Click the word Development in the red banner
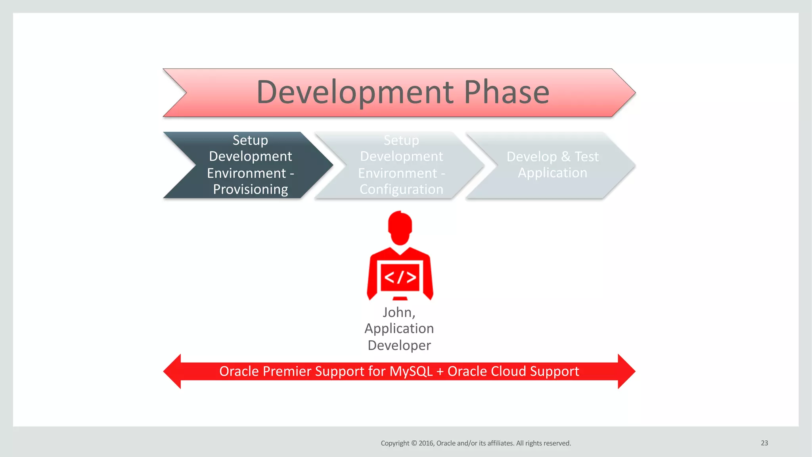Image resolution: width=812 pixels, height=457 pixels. point(355,92)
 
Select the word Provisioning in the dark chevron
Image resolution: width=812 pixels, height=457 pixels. point(250,190)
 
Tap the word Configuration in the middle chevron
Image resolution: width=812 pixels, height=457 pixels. point(401,190)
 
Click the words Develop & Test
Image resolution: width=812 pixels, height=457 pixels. point(552,157)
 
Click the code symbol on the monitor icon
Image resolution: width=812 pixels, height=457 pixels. point(400,277)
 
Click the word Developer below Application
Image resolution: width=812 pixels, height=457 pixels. point(399,345)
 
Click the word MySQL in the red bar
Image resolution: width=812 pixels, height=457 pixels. point(411,371)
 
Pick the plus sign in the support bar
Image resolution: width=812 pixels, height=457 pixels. point(440,372)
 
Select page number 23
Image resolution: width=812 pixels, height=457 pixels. point(764,443)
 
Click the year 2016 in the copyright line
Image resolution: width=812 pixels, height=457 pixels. point(426,443)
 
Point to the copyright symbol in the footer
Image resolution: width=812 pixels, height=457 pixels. point(414,443)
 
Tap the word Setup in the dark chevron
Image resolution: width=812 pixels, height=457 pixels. point(250,140)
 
